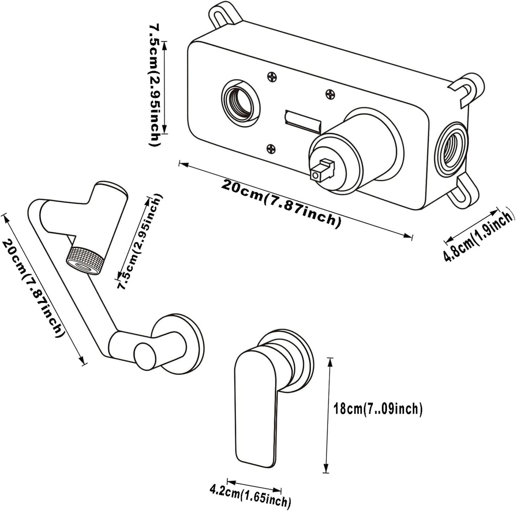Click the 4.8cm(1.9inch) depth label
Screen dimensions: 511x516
pos(479,236)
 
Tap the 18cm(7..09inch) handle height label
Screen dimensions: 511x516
pos(378,409)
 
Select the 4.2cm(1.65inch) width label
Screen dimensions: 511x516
pos(250,495)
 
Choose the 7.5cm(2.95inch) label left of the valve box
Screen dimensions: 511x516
pos(157,83)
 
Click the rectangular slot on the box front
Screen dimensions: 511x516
pos(303,119)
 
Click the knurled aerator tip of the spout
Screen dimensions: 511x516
pos(86,259)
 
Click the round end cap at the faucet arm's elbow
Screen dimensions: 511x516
pos(145,356)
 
